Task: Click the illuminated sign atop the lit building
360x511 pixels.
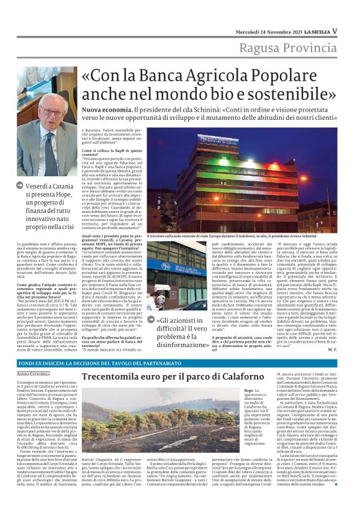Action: click(x=218, y=140)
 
